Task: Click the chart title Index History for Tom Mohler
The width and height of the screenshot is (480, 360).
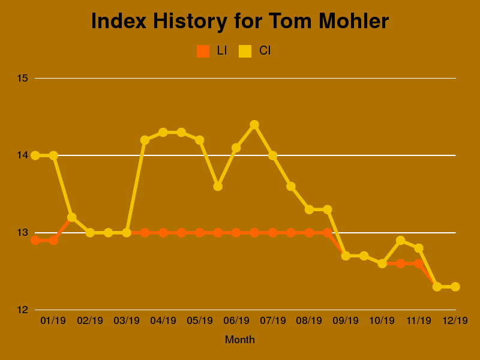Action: tap(240, 22)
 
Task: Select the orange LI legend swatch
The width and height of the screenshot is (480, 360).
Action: tap(203, 51)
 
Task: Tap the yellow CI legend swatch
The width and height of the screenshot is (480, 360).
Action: tap(245, 51)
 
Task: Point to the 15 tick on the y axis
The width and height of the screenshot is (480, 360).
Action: tap(23, 78)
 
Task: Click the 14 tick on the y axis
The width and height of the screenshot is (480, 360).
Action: tap(23, 155)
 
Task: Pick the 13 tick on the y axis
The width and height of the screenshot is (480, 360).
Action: tap(23, 233)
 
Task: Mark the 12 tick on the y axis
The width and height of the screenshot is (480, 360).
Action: tap(23, 310)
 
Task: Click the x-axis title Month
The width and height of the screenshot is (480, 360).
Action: tap(240, 340)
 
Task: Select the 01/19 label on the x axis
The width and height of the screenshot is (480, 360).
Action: tap(53, 320)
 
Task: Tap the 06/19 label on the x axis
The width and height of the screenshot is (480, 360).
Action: tap(236, 320)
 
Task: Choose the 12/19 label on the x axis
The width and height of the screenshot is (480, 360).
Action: tap(455, 320)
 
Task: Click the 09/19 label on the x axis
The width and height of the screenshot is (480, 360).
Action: tap(346, 320)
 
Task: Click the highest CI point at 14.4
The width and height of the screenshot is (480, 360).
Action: tap(254, 125)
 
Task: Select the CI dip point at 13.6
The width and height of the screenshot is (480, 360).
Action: tap(218, 187)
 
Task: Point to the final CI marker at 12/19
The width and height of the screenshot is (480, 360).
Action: tap(455, 287)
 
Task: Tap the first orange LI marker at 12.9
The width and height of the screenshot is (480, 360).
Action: tap(35, 241)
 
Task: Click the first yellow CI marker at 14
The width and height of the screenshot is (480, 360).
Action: tap(35, 155)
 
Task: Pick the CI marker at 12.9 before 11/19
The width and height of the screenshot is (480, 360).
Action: tap(400, 241)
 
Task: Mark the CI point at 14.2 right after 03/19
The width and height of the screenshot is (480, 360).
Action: tap(145, 140)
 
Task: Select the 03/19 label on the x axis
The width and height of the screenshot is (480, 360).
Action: tap(127, 320)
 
